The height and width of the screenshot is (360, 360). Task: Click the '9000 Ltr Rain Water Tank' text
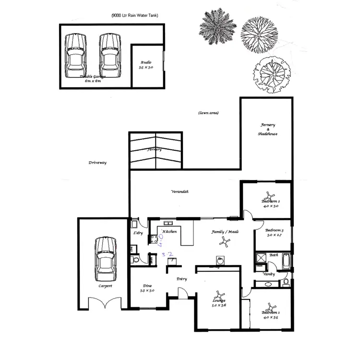(135, 15)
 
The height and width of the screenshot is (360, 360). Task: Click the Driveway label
(97, 163)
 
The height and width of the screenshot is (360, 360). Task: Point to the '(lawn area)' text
(208, 113)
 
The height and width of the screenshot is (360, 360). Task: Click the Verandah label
(180, 192)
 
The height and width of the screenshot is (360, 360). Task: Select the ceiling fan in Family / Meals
(223, 242)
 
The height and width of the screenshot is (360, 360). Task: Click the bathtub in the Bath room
(286, 261)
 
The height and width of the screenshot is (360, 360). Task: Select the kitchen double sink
(169, 223)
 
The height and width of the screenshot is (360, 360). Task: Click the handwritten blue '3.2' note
(167, 254)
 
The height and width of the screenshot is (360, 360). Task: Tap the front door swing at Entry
(182, 292)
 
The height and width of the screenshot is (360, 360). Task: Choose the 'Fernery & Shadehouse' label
(268, 130)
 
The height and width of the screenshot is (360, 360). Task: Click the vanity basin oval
(268, 284)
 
